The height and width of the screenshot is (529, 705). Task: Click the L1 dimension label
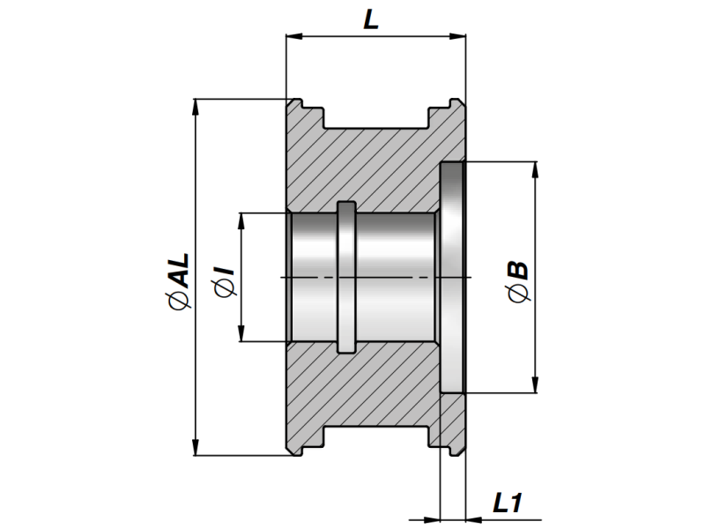coord(508,503)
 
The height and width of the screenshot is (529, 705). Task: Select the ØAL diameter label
coord(178,281)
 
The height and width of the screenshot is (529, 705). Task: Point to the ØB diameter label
coord(520,280)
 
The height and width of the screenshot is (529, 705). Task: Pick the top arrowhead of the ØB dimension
coord(535,168)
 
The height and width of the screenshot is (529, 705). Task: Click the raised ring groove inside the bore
coord(346,276)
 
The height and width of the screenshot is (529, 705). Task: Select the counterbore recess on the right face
coord(452,277)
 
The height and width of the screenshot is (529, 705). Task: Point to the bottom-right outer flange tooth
coord(453,445)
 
